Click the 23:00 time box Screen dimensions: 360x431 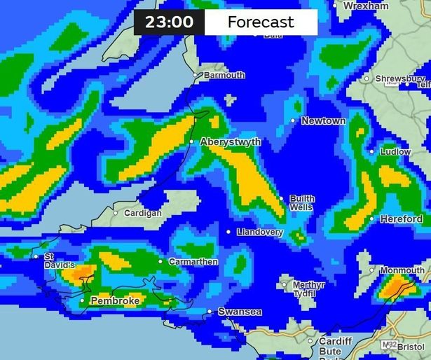click(x=169, y=22)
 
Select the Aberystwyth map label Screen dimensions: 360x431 click(x=231, y=142)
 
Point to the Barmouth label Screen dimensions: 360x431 click(x=224, y=76)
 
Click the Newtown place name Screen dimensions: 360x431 click(x=323, y=121)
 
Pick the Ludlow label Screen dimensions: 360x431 click(x=395, y=151)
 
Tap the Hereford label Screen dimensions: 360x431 click(x=402, y=219)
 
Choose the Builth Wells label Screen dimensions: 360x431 click(x=302, y=203)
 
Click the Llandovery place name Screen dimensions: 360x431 click(x=259, y=232)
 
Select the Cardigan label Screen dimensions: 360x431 click(x=142, y=213)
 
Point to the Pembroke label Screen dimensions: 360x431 click(x=115, y=301)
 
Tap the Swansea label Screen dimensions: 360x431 click(x=240, y=312)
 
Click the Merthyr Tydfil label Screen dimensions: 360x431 click(x=308, y=289)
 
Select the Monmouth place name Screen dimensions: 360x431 click(x=402, y=271)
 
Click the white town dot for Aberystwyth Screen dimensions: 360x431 click(x=191, y=142)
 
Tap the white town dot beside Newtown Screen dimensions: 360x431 click(x=294, y=121)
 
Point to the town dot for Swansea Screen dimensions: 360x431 click(x=210, y=312)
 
